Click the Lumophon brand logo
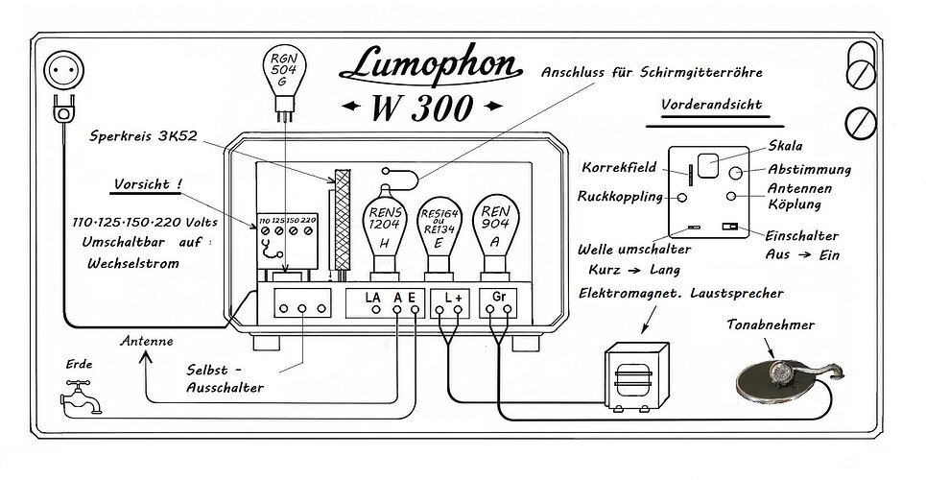point(431,66)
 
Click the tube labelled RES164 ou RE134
point(439,237)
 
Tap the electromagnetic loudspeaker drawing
point(635,376)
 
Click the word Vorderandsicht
point(711,106)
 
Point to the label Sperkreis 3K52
point(144,136)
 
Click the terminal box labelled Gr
point(498,302)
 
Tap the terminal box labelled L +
point(452,302)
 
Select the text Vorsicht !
point(148,184)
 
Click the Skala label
point(785,145)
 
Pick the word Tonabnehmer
point(771,324)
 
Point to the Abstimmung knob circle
point(736,173)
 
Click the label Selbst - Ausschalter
point(225,379)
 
